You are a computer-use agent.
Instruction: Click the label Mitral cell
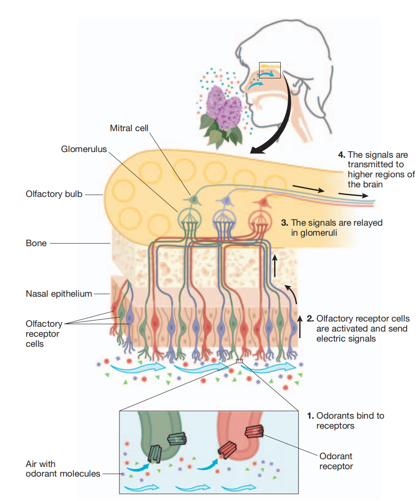(129, 128)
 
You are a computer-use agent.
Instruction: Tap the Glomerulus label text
(84, 149)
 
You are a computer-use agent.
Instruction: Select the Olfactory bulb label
(54, 194)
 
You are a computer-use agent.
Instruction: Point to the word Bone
(36, 243)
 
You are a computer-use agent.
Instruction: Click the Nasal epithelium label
(59, 294)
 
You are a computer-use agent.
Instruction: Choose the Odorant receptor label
(336, 461)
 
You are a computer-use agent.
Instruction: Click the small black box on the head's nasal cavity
(270, 70)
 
